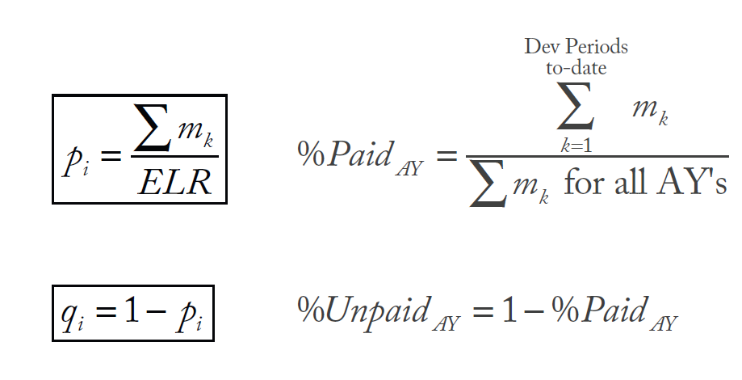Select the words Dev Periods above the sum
[576, 46]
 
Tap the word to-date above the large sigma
[576, 68]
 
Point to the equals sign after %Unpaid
[484, 311]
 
